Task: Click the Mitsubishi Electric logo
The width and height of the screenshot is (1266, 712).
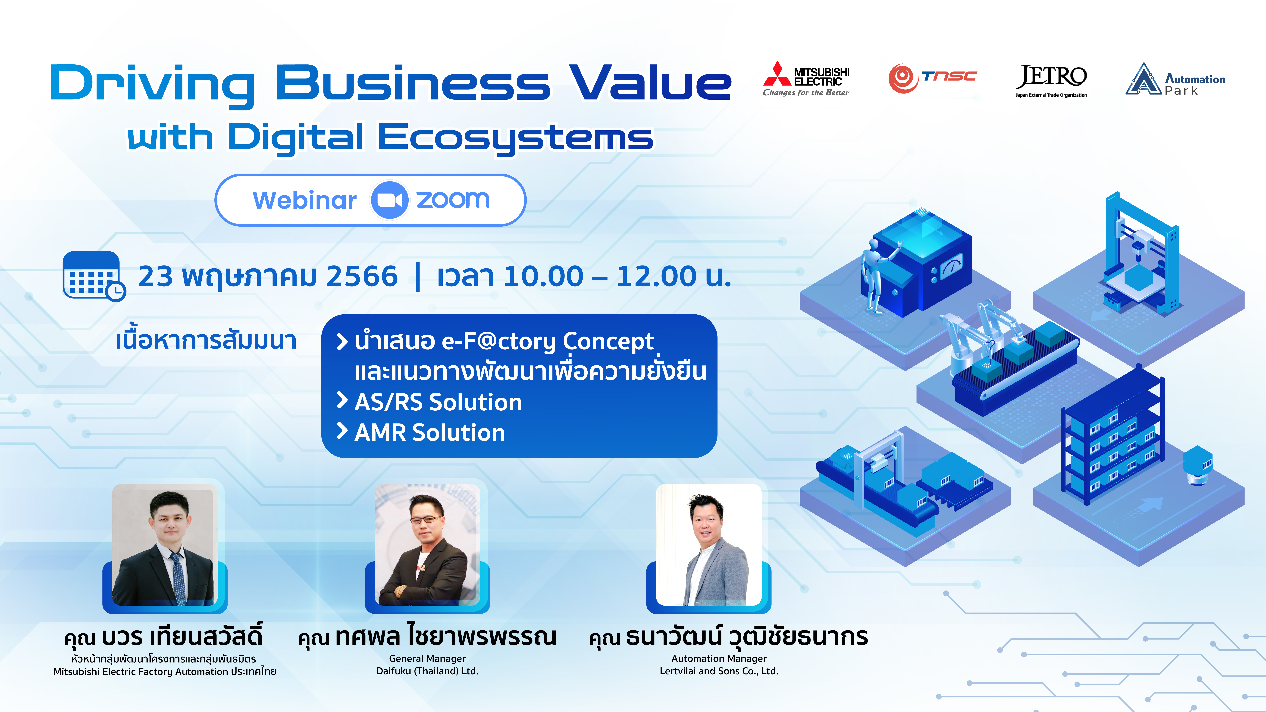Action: (x=806, y=79)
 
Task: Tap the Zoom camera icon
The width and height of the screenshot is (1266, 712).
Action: (x=389, y=200)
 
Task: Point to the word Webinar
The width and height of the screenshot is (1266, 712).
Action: (x=305, y=200)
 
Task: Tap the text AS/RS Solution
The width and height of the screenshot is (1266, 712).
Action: (x=438, y=402)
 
